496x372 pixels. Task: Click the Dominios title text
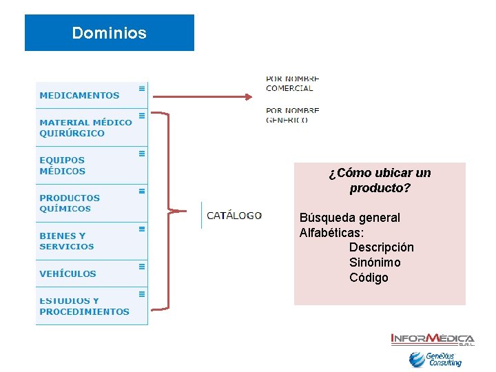click(109, 33)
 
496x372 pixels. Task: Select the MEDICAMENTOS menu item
click(79, 96)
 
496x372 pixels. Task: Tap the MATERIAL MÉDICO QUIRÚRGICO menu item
click(85, 127)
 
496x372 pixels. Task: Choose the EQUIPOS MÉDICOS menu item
click(63, 165)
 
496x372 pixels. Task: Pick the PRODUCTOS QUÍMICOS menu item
click(70, 203)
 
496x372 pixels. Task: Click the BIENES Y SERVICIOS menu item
click(67, 241)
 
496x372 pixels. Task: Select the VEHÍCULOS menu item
click(68, 273)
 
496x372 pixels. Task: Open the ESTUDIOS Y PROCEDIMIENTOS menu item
click(84, 307)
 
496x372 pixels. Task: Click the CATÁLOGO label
click(234, 216)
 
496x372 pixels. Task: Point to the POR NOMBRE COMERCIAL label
click(292, 83)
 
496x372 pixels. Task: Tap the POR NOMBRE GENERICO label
click(292, 114)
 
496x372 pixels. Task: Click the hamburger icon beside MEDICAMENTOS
click(142, 88)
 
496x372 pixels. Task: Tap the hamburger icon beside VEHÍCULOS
click(142, 266)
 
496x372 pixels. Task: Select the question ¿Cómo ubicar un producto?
click(380, 180)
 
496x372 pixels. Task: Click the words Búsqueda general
click(349, 218)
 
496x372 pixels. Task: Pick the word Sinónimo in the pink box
click(374, 262)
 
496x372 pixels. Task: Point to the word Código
click(369, 278)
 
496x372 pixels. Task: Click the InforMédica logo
click(433, 339)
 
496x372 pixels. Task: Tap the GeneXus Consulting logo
click(435, 359)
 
